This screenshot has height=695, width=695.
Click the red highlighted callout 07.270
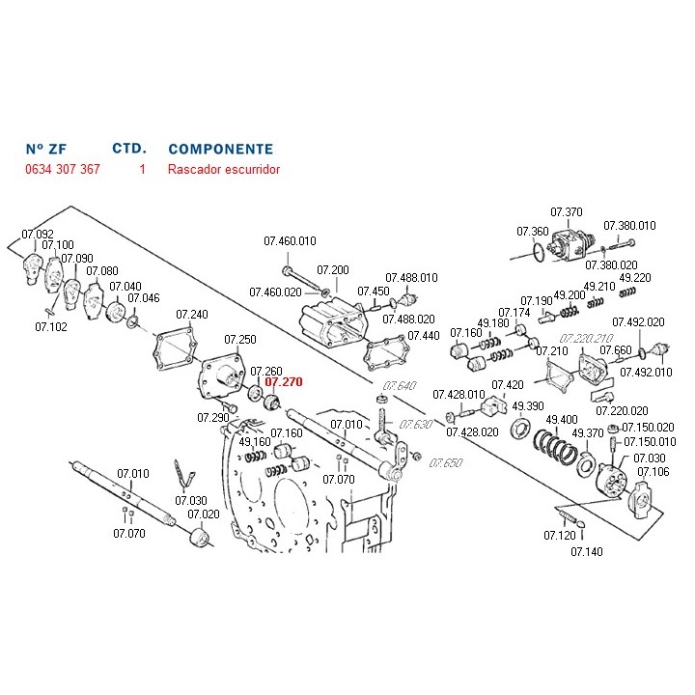pos(284,382)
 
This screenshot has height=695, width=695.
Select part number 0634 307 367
pos(62,169)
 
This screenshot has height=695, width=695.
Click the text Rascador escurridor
pos(223,169)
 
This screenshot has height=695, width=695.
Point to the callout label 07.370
pos(567,213)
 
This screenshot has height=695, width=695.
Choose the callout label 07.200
pos(333,269)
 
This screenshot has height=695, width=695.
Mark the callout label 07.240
pos(192,315)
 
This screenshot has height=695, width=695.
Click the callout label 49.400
pos(562,420)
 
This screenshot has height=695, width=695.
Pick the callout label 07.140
pos(586,551)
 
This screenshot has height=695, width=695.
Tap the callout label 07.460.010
pos(290,240)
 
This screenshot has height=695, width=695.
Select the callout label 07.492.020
pos(638,322)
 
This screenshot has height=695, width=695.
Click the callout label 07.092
pos(38,235)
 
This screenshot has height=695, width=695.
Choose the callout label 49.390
pos(528,405)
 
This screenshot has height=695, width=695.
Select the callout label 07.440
pos(423,336)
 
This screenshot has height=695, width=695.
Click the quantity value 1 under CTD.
pos(142,169)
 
